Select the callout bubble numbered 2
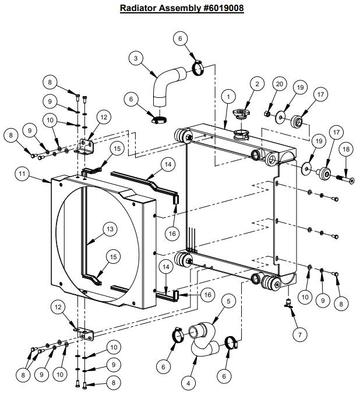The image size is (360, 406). click(x=255, y=84)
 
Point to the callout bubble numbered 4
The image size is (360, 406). click(x=188, y=383)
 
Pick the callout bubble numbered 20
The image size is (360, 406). click(x=279, y=84)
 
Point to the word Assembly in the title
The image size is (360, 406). click(x=175, y=9)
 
